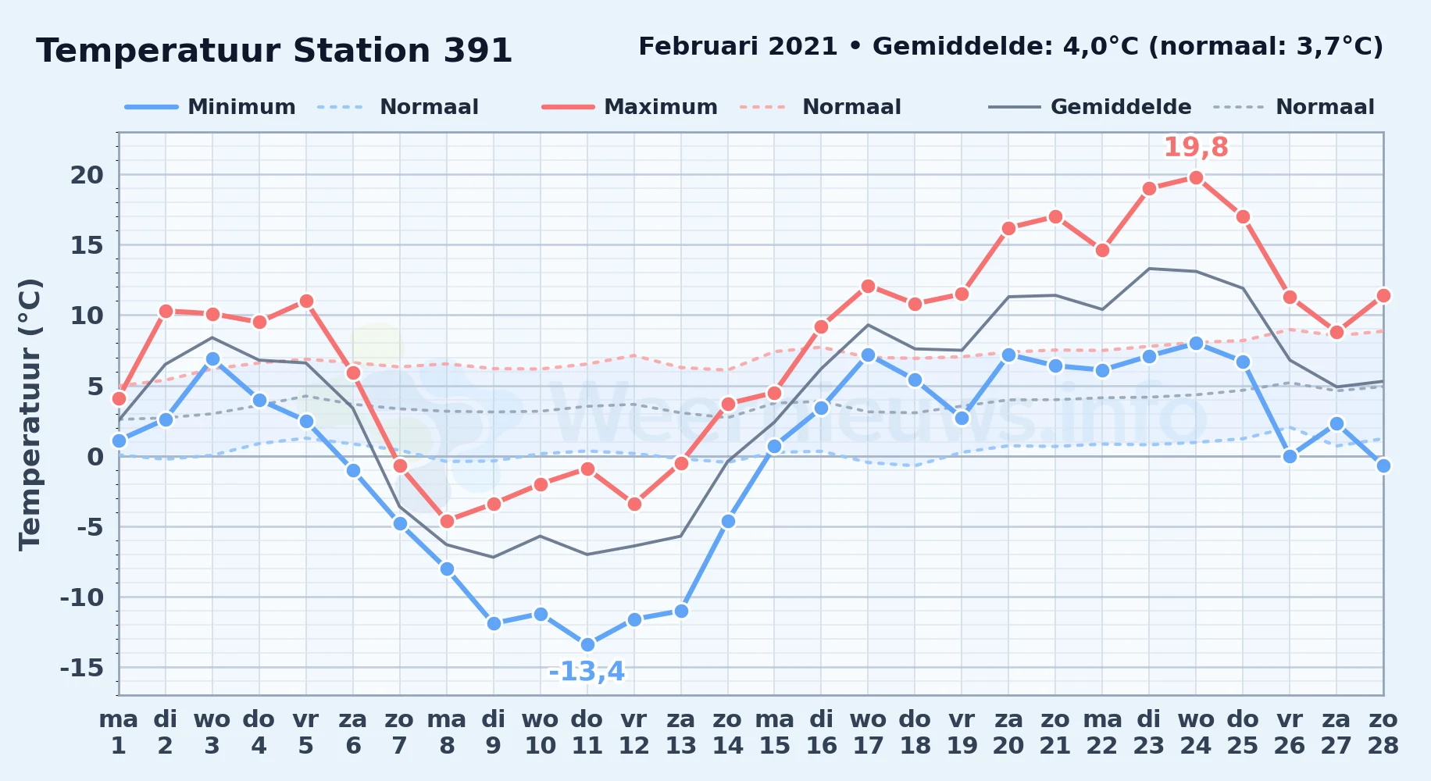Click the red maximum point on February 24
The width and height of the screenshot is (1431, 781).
tap(1196, 177)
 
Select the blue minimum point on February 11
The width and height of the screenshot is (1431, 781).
tap(587, 645)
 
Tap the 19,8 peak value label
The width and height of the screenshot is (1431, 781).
tap(1196, 147)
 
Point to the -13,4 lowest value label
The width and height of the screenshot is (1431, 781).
tap(587, 672)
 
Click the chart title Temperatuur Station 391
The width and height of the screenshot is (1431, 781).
tap(274, 51)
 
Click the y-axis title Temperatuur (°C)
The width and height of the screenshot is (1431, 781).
tap(30, 415)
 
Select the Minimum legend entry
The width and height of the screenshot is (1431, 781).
tap(210, 107)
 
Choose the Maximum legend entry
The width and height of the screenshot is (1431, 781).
tap(630, 107)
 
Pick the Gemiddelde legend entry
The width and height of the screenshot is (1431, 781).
tap(1090, 107)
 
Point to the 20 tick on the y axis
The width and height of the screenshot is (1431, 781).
tap(87, 175)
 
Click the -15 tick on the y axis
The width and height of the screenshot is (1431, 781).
tap(82, 668)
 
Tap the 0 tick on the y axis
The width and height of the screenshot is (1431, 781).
tap(95, 457)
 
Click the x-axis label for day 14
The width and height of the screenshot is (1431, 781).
tap(728, 732)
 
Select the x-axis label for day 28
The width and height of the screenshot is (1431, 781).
tap(1383, 732)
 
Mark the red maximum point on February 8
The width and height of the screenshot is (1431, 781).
tap(447, 521)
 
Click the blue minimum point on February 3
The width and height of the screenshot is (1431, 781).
tap(212, 359)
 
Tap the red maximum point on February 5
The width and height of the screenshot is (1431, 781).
tap(306, 301)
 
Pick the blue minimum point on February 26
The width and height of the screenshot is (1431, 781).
tap(1290, 456)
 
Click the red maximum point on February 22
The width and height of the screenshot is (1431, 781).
tap(1102, 250)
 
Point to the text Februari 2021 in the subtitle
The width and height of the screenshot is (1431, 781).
tap(738, 47)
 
